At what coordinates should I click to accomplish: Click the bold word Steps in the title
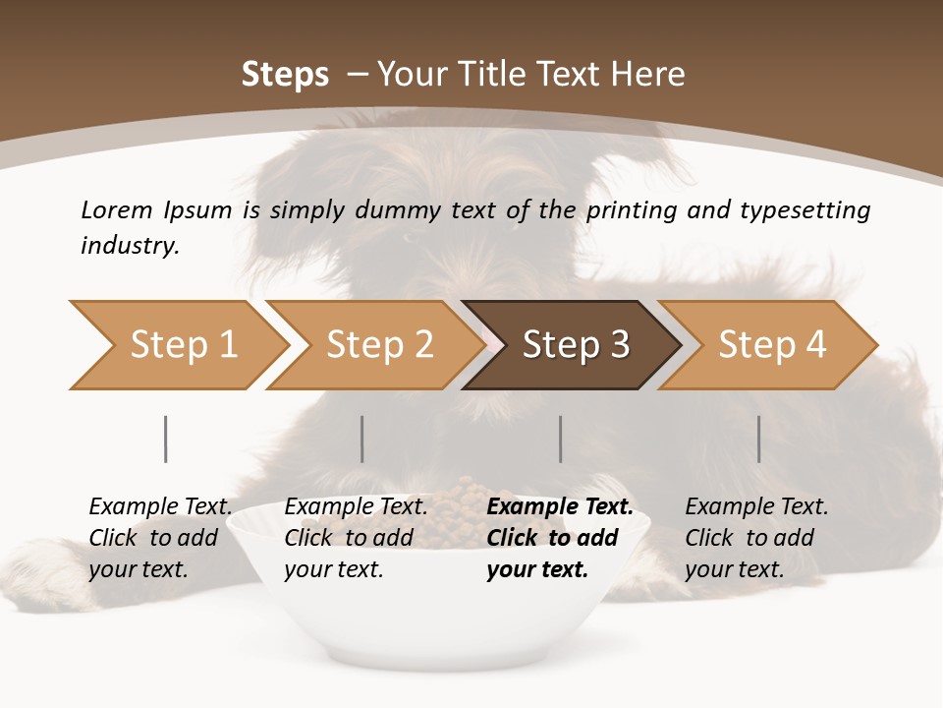tap(285, 75)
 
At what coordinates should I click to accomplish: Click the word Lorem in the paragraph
tap(116, 209)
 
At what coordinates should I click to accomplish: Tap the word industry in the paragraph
tap(130, 245)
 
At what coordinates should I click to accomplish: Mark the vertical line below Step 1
tap(165, 439)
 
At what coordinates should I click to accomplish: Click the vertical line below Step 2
tap(361, 439)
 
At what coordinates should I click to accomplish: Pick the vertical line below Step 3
tap(560, 439)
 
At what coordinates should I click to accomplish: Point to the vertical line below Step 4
tap(758, 439)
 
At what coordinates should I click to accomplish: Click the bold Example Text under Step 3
tap(560, 507)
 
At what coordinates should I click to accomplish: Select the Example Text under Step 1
tap(160, 507)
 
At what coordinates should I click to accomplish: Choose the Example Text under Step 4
tap(756, 507)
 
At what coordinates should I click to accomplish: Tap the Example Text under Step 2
tap(356, 507)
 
